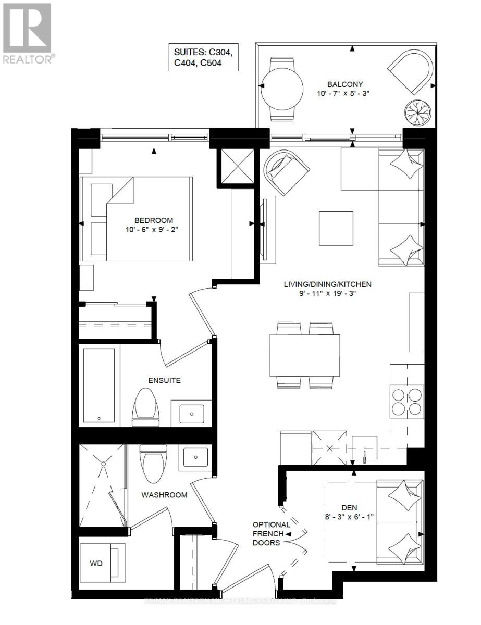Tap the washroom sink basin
click(x=195, y=457)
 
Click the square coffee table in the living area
click(x=337, y=228)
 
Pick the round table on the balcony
click(x=281, y=88)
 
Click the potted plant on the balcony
click(x=418, y=111)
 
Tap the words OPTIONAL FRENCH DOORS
click(x=268, y=534)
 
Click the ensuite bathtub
click(x=99, y=385)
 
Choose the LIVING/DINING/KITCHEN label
click(x=327, y=284)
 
